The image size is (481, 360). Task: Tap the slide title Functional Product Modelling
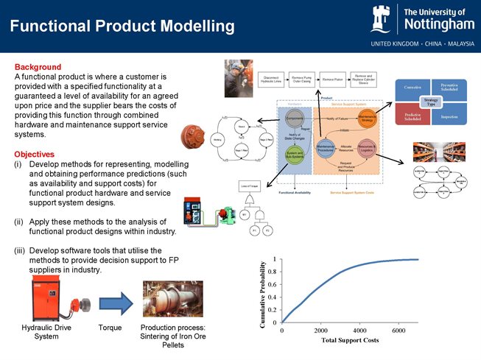[x=122, y=27]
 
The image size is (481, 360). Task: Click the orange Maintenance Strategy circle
[x=368, y=119]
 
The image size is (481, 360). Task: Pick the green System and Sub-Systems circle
[x=295, y=154]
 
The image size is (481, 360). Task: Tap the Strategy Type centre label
[x=431, y=102]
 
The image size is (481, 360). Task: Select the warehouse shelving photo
[x=443, y=152]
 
